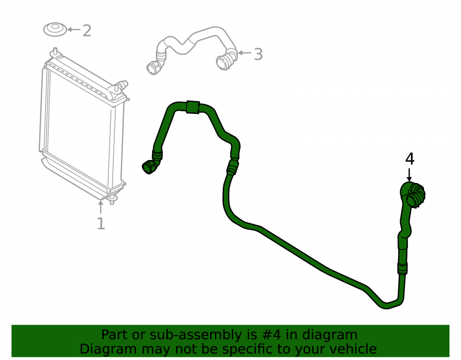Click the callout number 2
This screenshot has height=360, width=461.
point(87,31)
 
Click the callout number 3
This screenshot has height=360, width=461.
point(258,54)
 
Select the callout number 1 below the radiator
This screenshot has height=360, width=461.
point(101,224)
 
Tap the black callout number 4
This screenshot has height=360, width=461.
point(410,159)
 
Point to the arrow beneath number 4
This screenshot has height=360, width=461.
point(409,175)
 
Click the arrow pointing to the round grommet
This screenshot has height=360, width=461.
point(74,30)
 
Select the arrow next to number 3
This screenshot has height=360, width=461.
point(244,53)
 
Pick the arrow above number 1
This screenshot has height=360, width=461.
point(101,207)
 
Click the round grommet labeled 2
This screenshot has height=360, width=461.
point(55,30)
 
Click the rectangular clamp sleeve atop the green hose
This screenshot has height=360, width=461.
point(193,107)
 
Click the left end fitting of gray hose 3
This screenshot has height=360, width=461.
point(154,68)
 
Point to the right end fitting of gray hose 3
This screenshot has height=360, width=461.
point(226,59)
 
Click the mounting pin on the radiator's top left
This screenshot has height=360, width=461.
point(55,52)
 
